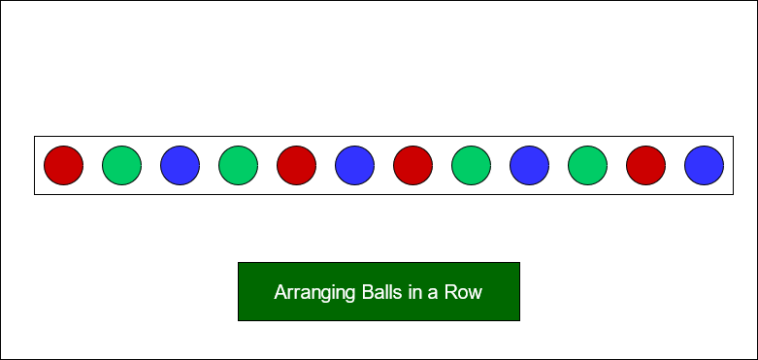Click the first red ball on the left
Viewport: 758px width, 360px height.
point(64,165)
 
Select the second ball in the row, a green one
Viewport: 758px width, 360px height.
point(122,165)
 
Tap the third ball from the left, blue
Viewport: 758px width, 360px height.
point(181,165)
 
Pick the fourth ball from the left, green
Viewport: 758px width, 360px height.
point(239,165)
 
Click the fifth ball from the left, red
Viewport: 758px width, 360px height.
point(297,165)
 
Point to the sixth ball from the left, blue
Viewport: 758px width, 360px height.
point(355,165)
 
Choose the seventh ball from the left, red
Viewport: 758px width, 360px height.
point(413,165)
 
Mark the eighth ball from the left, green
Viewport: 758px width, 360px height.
point(472,165)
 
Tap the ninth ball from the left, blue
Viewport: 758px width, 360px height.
point(530,165)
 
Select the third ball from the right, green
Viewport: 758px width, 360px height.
point(588,165)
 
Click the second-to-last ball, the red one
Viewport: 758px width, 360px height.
point(646,165)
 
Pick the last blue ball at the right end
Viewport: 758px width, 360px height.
point(705,165)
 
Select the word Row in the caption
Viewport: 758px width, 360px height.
point(464,292)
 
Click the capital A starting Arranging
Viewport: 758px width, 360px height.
point(280,292)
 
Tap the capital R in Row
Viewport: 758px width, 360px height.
point(451,292)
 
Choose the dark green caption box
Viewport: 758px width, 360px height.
point(379,309)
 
